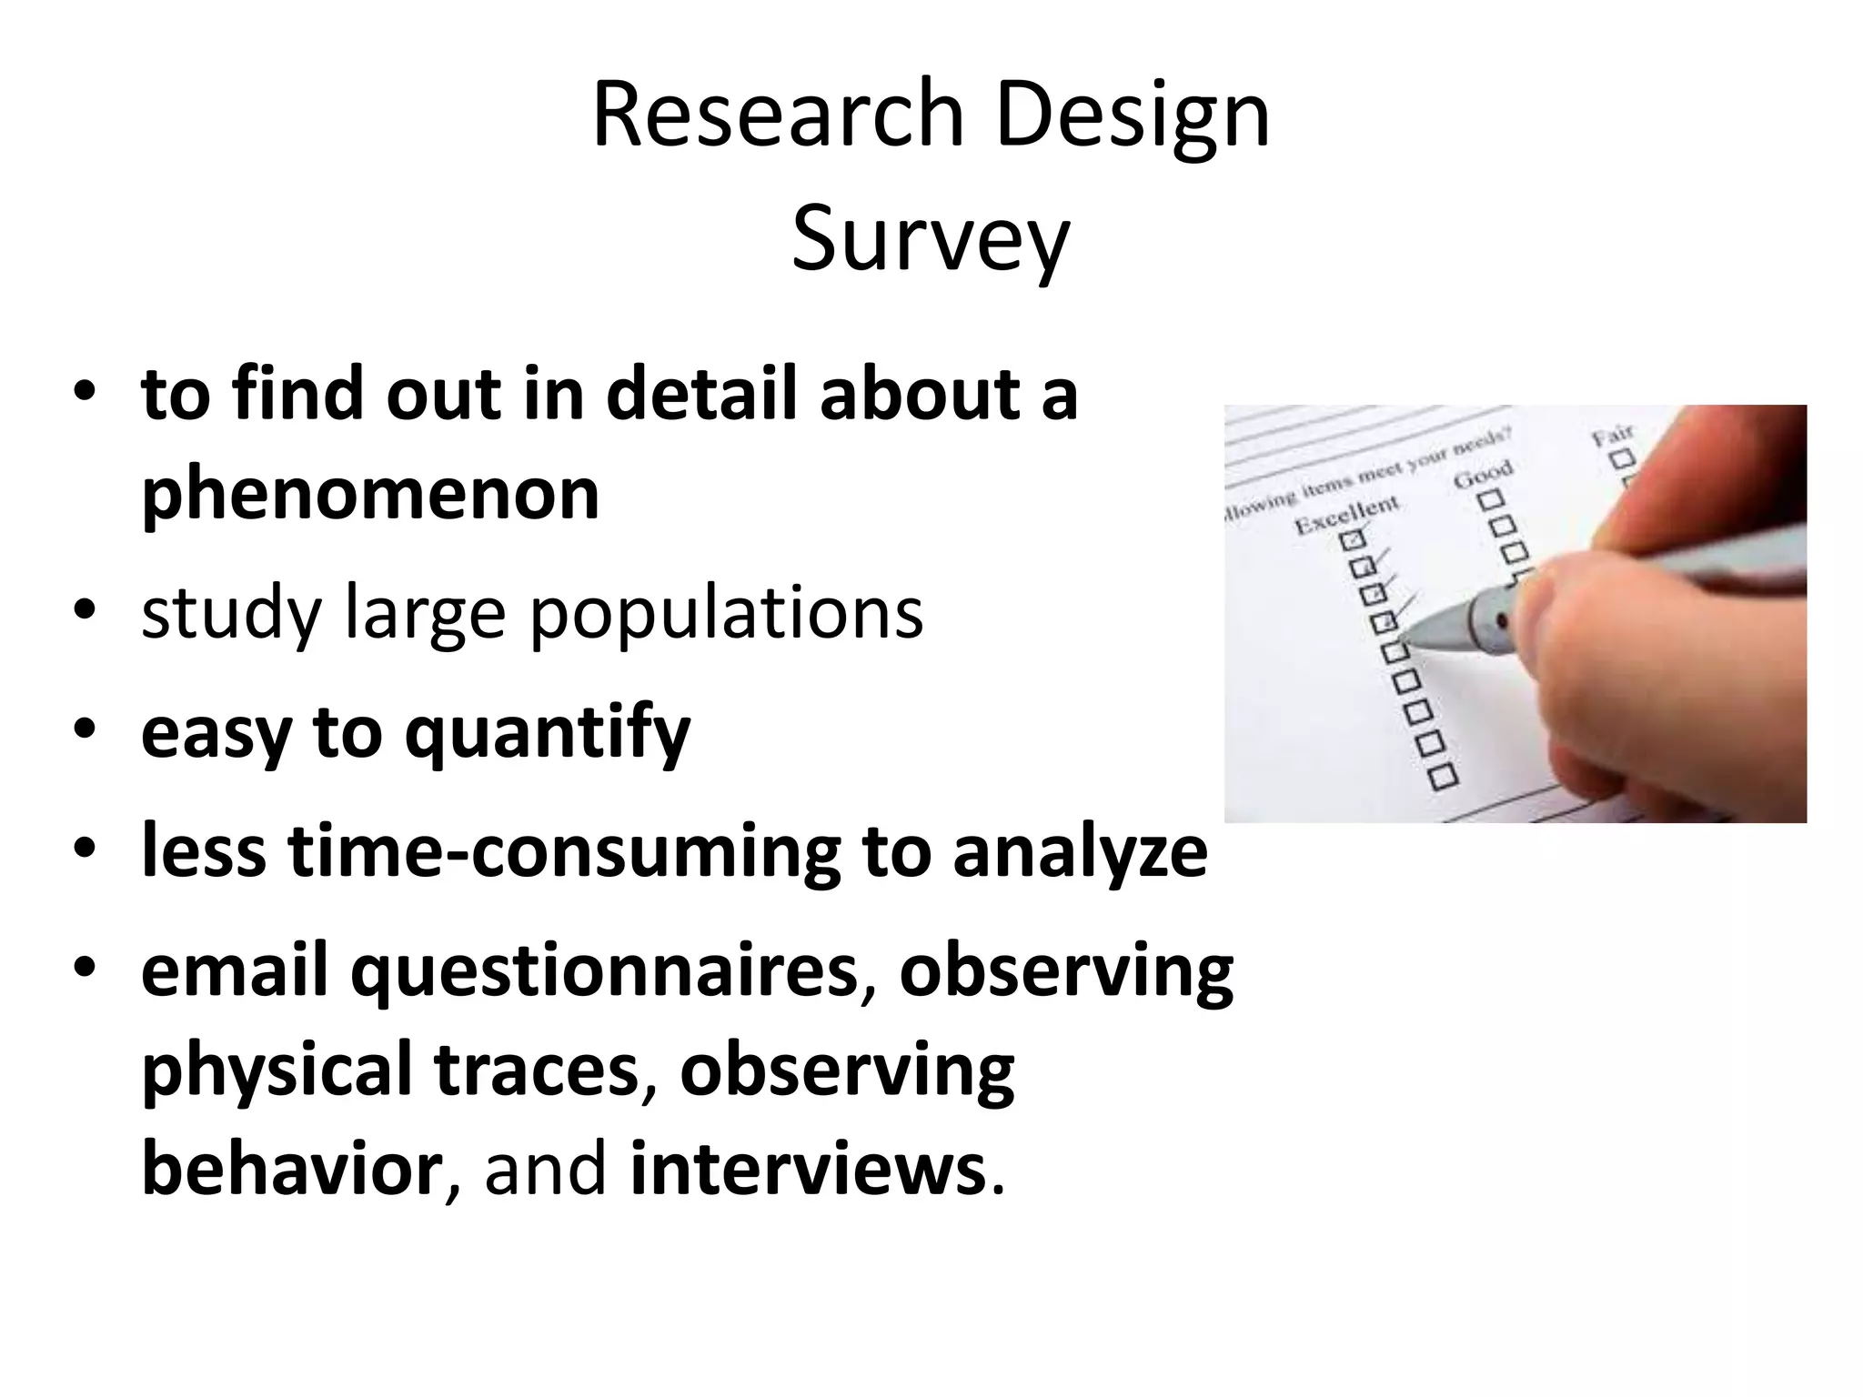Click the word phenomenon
tap(370, 495)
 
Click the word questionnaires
tap(605, 971)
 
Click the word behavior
tap(291, 1170)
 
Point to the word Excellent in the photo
tap(1346, 515)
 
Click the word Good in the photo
tap(1483, 474)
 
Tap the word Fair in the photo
tap(1612, 434)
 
